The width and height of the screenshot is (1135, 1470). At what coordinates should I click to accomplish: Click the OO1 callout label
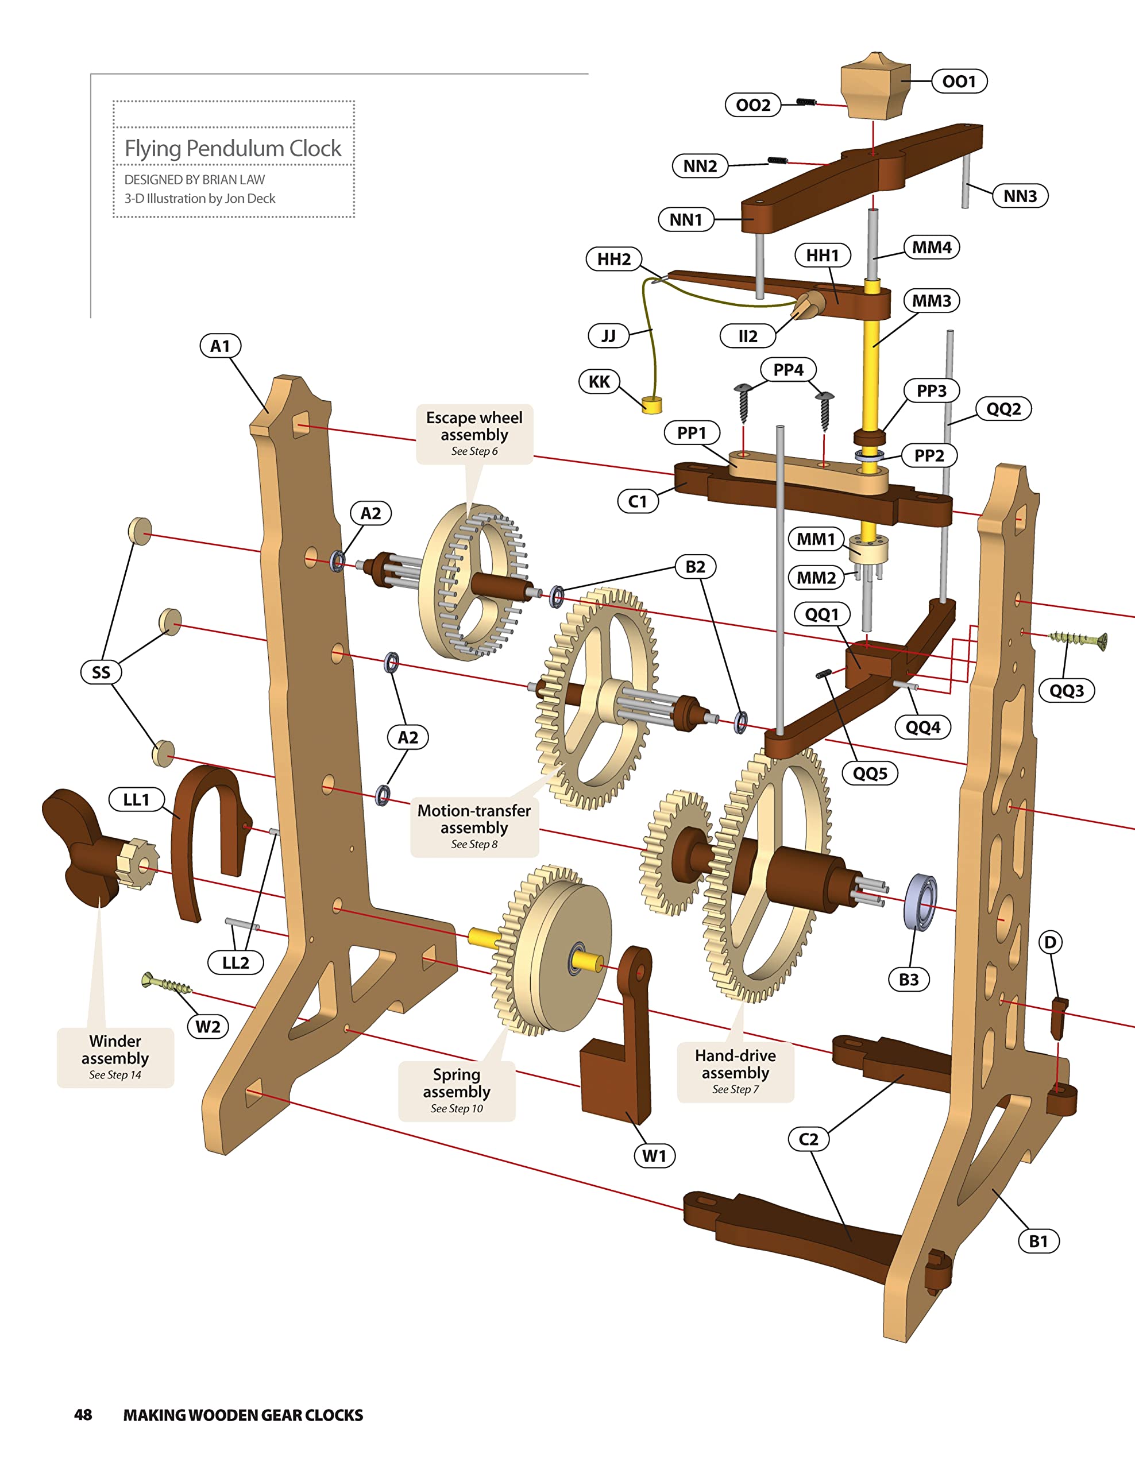(959, 82)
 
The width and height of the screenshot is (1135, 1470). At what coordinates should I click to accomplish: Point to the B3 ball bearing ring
(921, 903)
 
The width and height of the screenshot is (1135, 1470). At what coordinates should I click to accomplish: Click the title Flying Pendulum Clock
(233, 148)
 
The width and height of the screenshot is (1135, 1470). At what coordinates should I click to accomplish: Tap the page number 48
(83, 1414)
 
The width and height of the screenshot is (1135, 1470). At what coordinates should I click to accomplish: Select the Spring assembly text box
(457, 1090)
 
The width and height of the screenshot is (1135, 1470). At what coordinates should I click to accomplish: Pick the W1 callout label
(654, 1156)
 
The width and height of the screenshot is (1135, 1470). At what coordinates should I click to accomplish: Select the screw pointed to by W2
(165, 984)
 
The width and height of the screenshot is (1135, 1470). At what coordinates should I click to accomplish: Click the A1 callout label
(220, 346)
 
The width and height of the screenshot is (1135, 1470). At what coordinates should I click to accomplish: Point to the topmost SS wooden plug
(140, 531)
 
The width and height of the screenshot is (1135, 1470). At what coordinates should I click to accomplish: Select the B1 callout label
(1038, 1240)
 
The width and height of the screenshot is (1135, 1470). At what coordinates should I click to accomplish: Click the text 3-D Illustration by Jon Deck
(200, 199)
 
